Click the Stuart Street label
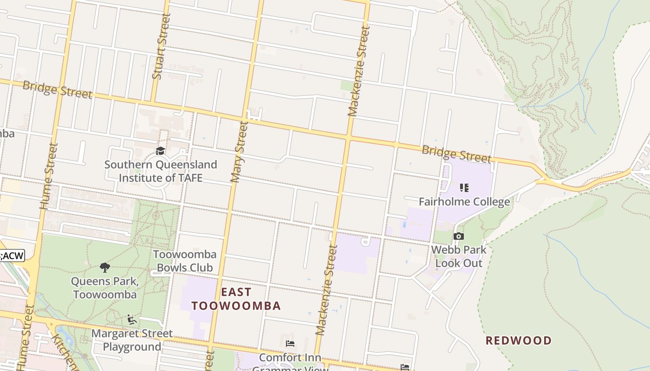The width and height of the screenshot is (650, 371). [161, 52]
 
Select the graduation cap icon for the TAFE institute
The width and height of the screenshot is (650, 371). [161, 151]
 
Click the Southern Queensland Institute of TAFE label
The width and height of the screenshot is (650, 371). [161, 171]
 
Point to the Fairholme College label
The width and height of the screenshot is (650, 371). [464, 202]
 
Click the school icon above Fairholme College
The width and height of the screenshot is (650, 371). [464, 188]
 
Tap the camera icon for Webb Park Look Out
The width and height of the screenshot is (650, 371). [459, 237]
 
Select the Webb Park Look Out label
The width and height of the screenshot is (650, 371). [459, 256]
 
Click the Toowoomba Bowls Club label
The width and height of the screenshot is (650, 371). [185, 261]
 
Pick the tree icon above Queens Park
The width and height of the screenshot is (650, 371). [105, 267]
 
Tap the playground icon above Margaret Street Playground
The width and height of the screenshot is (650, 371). [132, 320]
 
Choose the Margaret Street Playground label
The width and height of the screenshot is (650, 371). [132, 340]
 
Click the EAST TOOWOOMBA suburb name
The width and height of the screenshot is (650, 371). [236, 299]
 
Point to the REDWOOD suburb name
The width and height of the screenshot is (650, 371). [519, 341]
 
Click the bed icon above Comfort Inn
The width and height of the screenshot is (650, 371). [290, 344]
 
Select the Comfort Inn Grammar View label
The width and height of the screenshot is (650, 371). [290, 362]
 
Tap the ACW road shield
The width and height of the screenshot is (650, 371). [12, 256]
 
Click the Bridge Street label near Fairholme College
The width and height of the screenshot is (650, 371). [456, 154]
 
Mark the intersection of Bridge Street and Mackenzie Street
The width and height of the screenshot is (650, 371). [348, 137]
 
